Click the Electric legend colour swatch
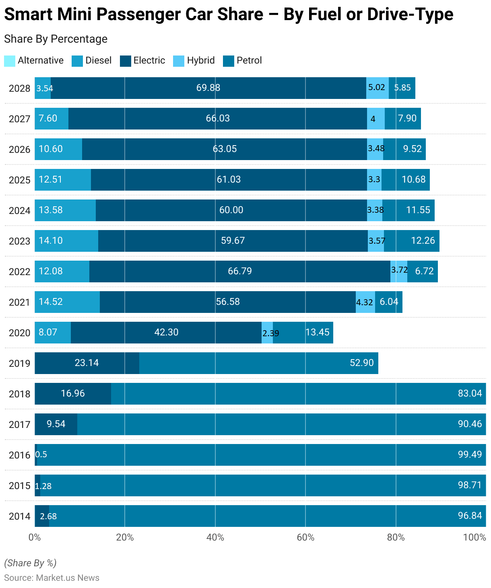[x=126, y=61]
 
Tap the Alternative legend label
[x=41, y=60]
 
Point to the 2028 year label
[x=19, y=88]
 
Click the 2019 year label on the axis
[x=19, y=364]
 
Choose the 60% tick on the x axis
[x=305, y=537]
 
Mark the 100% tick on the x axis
[x=474, y=537]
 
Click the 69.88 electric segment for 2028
[x=208, y=88]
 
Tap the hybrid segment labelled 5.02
[x=377, y=88]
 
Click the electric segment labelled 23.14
[x=87, y=363]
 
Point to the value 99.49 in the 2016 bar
[x=469, y=454]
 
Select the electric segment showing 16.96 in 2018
[x=73, y=393]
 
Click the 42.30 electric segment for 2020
[x=166, y=332]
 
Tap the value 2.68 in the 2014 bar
[x=48, y=516]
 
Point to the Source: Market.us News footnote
[x=52, y=578]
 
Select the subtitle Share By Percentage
[x=56, y=39]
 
